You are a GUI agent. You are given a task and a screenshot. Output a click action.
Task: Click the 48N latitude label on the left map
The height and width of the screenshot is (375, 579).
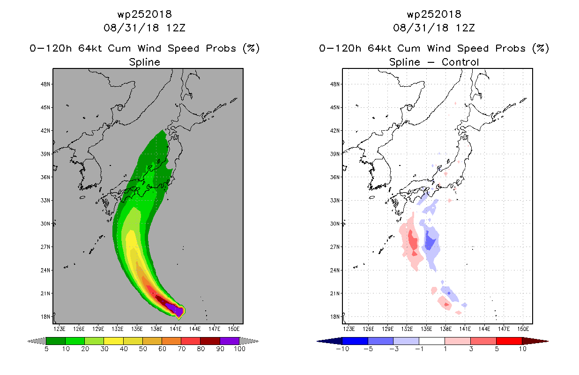(x=45, y=84)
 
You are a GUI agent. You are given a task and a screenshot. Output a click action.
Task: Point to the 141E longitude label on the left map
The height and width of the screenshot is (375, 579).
(x=176, y=329)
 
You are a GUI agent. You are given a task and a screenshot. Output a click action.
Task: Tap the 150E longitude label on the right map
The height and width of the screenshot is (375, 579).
(x=523, y=329)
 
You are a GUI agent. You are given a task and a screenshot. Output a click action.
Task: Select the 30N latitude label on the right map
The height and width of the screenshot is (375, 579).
(x=335, y=224)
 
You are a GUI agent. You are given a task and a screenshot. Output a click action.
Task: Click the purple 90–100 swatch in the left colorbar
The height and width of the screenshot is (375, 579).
(x=230, y=341)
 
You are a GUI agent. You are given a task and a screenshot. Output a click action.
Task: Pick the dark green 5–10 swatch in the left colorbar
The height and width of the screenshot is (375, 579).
(x=56, y=341)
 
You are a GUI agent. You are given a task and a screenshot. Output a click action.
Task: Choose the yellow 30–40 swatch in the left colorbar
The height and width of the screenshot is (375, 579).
(x=113, y=341)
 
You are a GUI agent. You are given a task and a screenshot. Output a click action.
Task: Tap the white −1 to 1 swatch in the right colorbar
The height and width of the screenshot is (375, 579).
(x=432, y=341)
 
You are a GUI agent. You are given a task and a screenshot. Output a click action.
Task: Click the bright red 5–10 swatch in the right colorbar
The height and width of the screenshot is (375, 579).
(x=509, y=341)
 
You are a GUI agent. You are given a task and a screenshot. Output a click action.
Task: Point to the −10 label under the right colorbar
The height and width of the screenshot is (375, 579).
(x=342, y=349)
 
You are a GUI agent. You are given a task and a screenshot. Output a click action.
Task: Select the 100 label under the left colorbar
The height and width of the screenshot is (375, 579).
(x=239, y=349)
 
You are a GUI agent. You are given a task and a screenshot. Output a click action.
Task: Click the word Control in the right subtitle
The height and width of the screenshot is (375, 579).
(x=460, y=62)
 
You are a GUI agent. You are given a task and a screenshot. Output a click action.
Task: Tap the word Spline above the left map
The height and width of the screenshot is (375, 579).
(x=144, y=62)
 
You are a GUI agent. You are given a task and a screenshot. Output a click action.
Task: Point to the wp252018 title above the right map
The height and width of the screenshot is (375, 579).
(x=434, y=14)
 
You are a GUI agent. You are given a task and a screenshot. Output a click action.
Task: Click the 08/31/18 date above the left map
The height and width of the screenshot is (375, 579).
(x=131, y=28)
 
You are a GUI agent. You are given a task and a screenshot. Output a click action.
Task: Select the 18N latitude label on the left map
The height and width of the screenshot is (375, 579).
(x=45, y=316)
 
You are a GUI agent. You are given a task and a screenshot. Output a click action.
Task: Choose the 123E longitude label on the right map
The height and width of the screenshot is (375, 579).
(x=349, y=329)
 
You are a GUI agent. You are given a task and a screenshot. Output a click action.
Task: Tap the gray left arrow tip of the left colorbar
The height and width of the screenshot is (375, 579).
(x=28, y=341)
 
